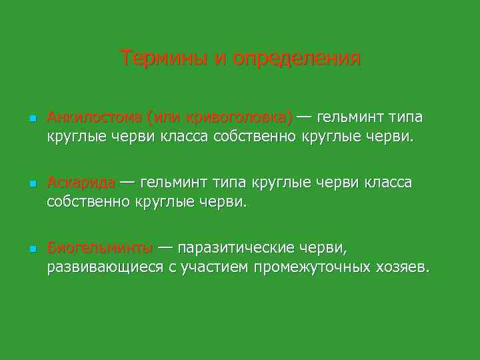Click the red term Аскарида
[x=81, y=183]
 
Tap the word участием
[x=214, y=267]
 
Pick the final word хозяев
[x=403, y=267]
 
